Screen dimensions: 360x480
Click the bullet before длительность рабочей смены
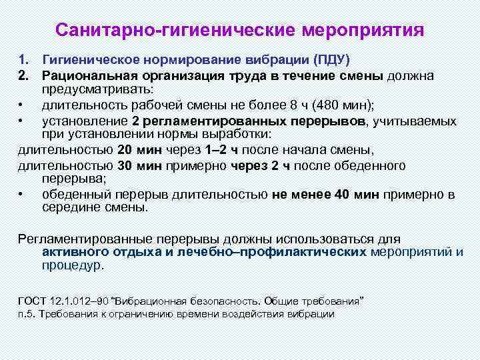pos(22,105)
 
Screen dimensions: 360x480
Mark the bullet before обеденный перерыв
pos(22,195)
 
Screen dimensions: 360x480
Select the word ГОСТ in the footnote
pos(32,301)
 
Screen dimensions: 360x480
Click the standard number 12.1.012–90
pos(81,301)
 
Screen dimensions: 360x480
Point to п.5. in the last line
pos(27,313)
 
